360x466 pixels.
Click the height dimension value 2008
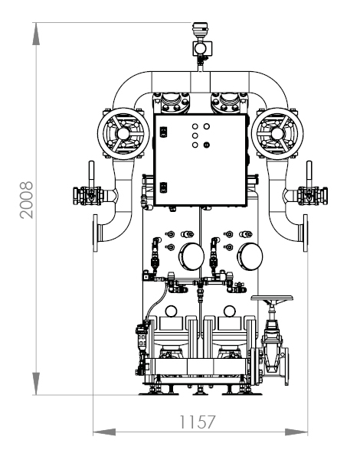point(27,200)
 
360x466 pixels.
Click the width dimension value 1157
point(197,422)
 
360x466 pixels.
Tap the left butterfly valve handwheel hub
point(123,133)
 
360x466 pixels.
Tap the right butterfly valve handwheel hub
point(277,133)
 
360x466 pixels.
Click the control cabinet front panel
point(201,160)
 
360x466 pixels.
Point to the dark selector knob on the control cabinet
point(207,145)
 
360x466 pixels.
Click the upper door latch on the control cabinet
point(163,132)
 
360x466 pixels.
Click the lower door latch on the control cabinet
point(163,187)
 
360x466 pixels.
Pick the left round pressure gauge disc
point(192,256)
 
